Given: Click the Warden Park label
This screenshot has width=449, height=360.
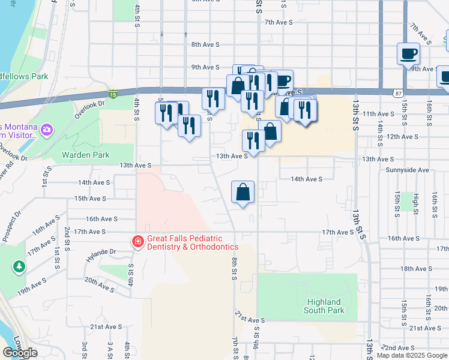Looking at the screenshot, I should point(86,155).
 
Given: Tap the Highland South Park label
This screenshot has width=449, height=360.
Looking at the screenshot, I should point(324,306).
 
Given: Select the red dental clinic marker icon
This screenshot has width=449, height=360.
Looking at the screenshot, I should point(137,242).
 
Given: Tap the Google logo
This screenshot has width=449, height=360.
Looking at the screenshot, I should point(20,353).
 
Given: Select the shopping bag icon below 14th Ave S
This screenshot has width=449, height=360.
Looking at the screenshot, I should point(243,193).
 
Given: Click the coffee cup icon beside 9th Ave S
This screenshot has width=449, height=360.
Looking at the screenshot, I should point(408,53).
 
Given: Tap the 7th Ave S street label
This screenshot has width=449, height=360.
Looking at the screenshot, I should point(278,22).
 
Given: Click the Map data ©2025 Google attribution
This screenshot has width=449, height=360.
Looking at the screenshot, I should point(412,355).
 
